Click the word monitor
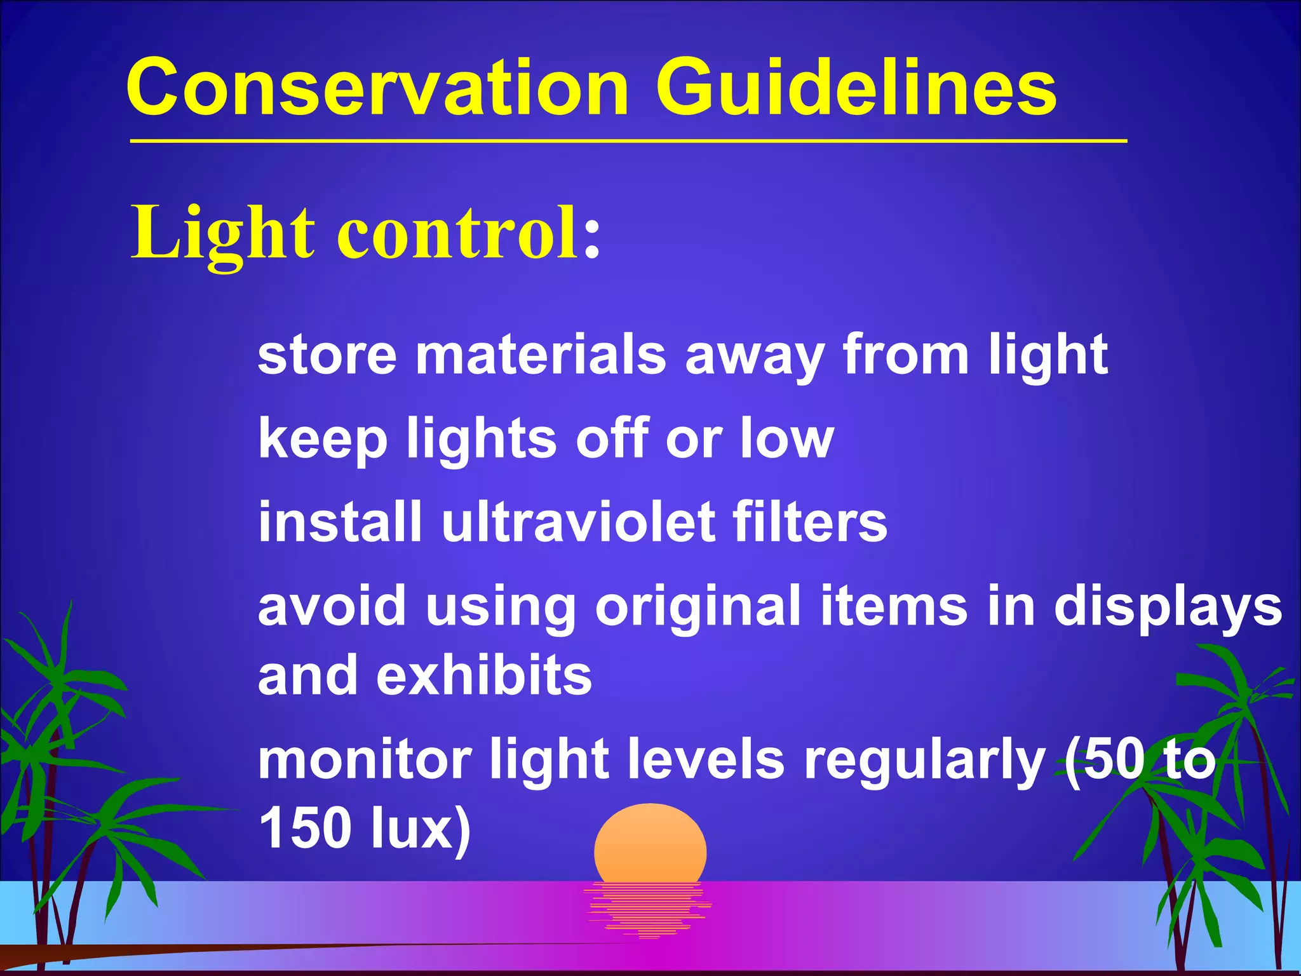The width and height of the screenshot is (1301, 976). [x=365, y=760]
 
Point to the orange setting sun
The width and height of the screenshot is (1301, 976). [x=650, y=845]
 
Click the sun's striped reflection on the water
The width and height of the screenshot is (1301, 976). [x=648, y=909]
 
